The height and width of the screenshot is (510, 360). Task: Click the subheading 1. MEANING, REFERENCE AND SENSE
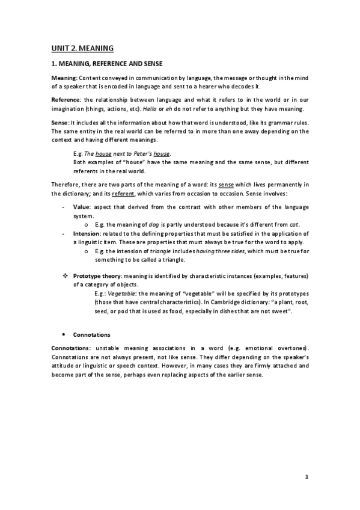click(107, 63)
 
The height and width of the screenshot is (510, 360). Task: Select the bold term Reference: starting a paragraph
click(67, 99)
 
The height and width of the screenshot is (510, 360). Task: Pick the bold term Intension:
click(87, 233)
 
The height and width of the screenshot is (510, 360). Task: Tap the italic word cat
click(294, 224)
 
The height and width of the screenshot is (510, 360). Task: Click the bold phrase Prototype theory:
click(97, 275)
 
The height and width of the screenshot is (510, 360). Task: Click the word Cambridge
click(227, 304)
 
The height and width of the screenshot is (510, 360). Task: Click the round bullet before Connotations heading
click(64, 334)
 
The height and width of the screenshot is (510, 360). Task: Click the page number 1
click(306, 478)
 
